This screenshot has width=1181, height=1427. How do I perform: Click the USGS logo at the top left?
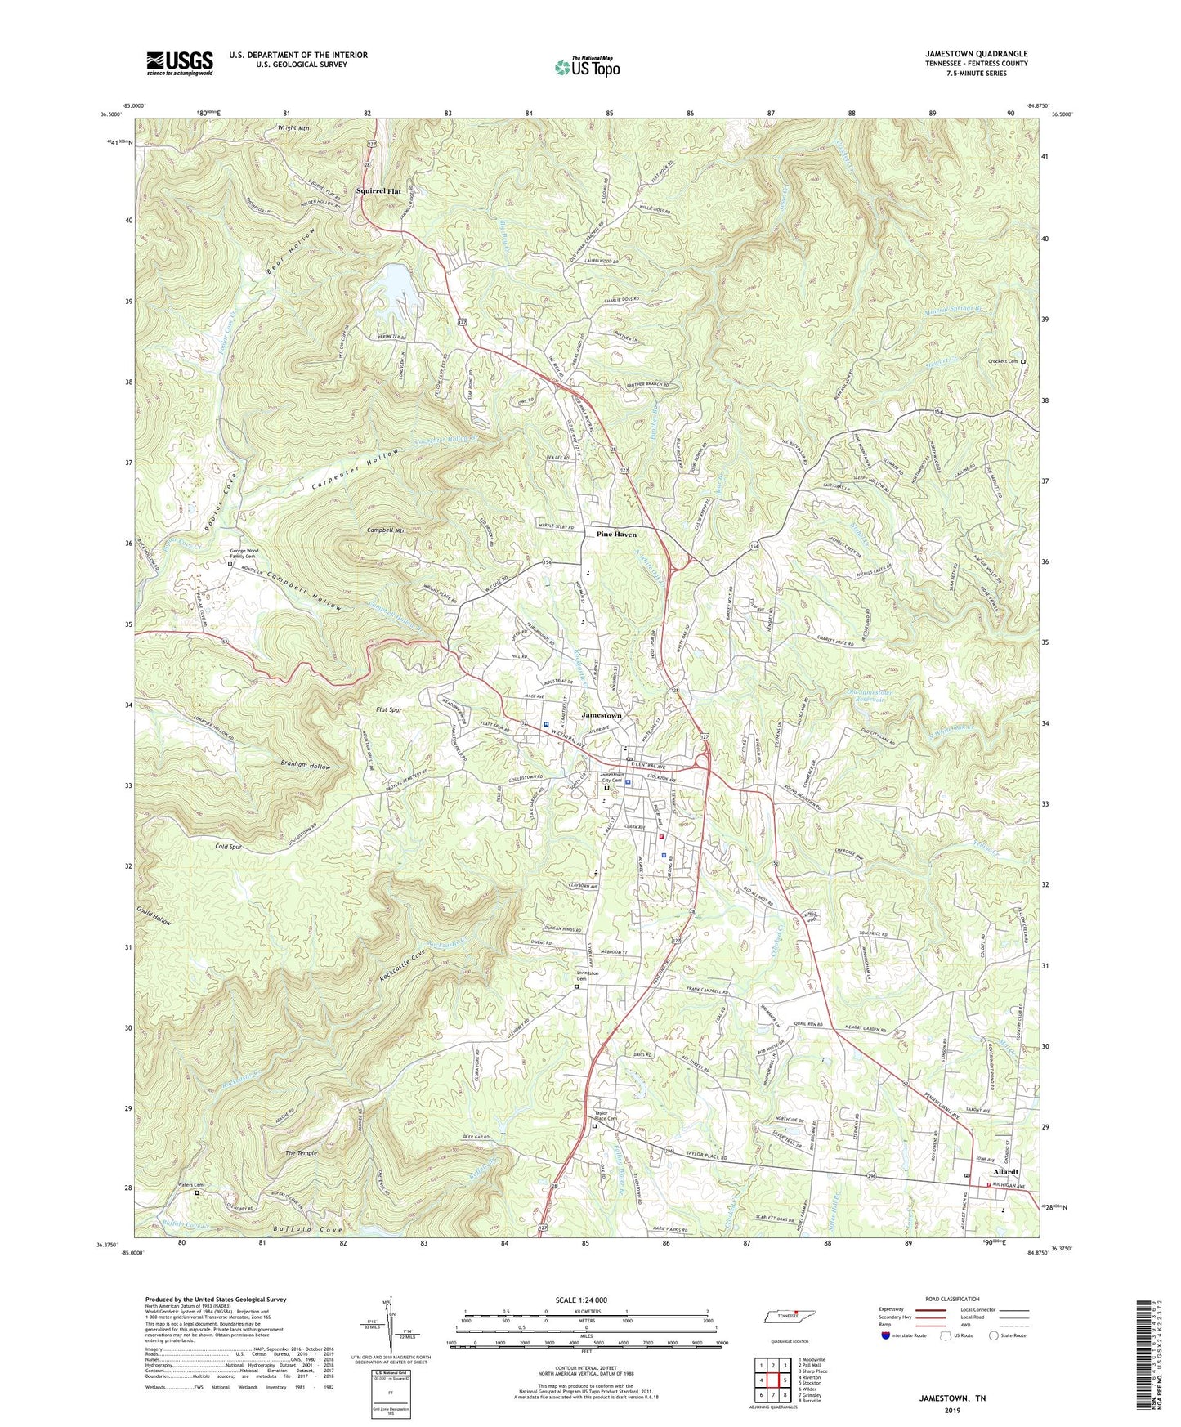pyautogui.click(x=179, y=63)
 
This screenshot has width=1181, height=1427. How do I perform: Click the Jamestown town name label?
pyautogui.click(x=601, y=715)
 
